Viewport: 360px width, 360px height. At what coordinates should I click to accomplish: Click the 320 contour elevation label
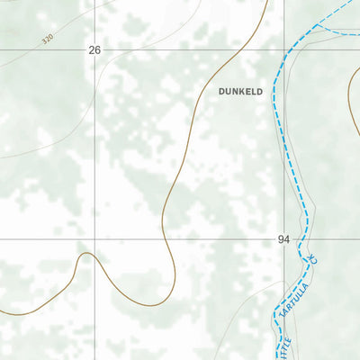click(x=48, y=40)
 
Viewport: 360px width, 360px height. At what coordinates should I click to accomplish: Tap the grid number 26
click(x=94, y=50)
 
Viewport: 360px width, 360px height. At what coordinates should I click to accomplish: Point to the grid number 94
click(x=284, y=239)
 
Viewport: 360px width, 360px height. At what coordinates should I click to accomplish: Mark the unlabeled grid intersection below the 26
click(x=95, y=240)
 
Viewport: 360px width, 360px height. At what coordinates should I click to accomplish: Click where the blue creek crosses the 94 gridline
click(x=306, y=240)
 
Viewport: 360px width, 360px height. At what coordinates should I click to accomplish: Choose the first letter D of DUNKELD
click(x=221, y=91)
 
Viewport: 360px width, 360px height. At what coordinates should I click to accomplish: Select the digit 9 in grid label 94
click(x=281, y=239)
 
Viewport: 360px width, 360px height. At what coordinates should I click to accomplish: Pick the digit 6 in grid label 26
click(x=98, y=50)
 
